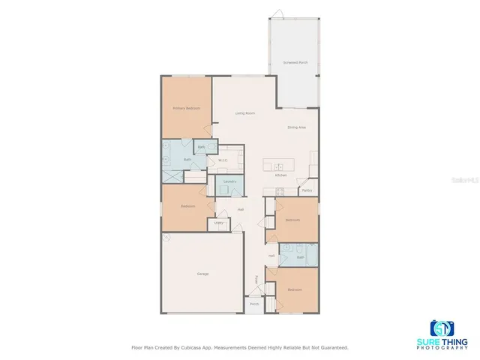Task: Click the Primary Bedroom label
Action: pyautogui.click(x=186, y=108)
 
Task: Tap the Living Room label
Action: pyautogui.click(x=245, y=113)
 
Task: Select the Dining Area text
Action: pyautogui.click(x=296, y=127)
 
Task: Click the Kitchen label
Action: pyautogui.click(x=280, y=175)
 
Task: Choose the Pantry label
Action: pyautogui.click(x=307, y=190)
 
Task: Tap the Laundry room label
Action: pyautogui.click(x=230, y=182)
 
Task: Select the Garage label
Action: pyautogui.click(x=202, y=274)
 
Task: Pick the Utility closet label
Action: pyautogui.click(x=218, y=223)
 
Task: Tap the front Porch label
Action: pyautogui.click(x=254, y=304)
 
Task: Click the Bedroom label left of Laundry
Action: pyautogui.click(x=187, y=206)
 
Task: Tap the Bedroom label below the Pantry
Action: pyautogui.click(x=292, y=220)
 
